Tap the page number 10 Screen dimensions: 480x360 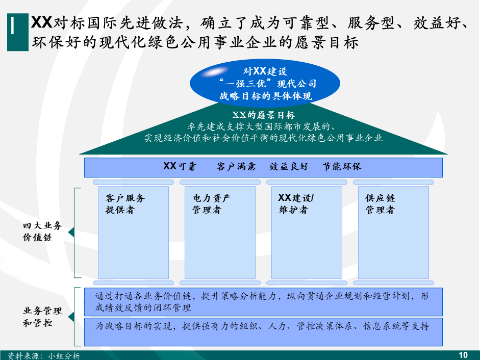(x=463, y=355)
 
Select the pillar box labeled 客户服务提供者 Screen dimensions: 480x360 (x=133, y=232)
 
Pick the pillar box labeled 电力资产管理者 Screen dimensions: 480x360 (x=220, y=232)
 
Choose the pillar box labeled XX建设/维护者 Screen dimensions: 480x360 (x=307, y=232)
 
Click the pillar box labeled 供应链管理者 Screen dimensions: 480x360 (x=393, y=232)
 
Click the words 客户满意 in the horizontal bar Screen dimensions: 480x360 (x=236, y=167)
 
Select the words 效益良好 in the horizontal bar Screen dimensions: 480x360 (x=289, y=167)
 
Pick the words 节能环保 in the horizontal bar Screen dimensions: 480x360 (x=342, y=167)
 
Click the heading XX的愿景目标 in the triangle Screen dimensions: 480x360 (x=263, y=115)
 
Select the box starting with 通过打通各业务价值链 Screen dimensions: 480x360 (x=263, y=302)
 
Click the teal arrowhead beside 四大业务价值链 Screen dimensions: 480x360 (x=72, y=232)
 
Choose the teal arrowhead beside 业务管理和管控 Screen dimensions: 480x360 (x=72, y=316)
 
